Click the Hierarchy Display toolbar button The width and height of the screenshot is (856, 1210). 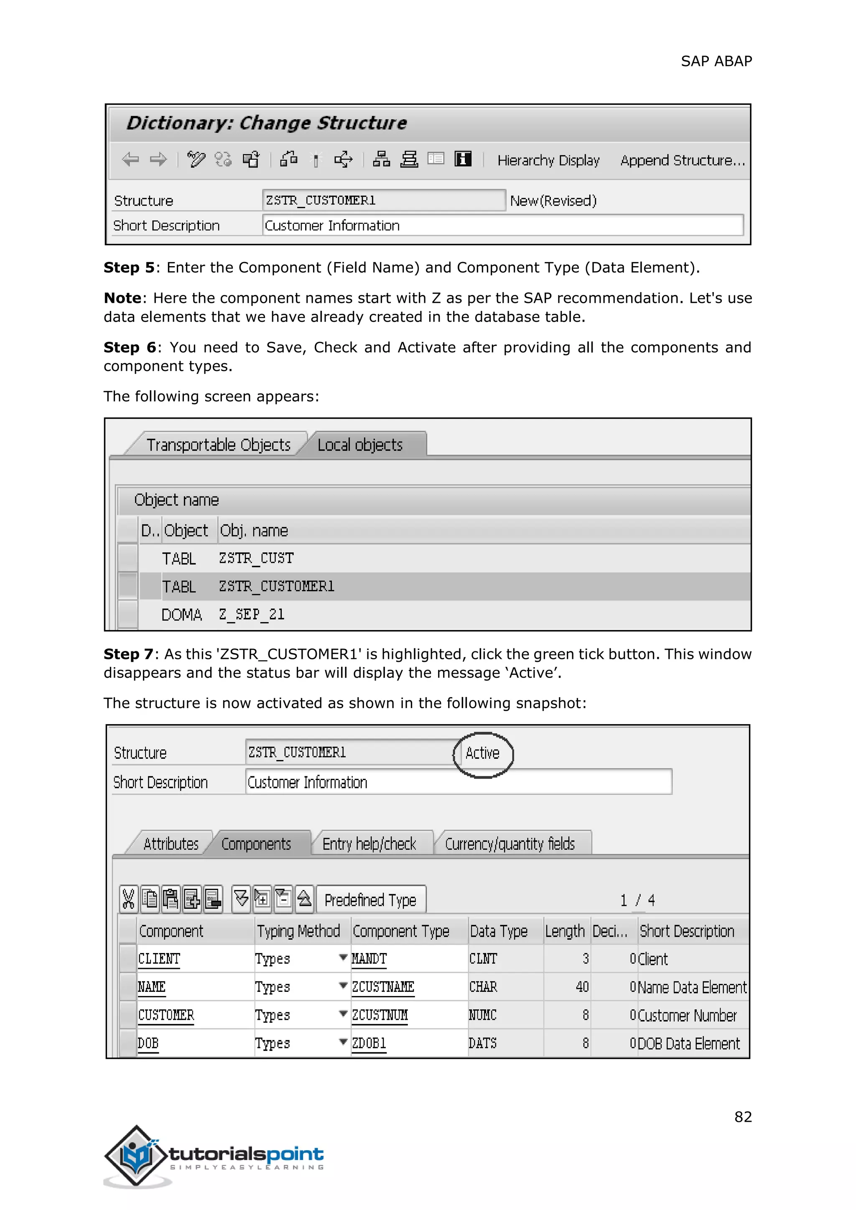click(548, 160)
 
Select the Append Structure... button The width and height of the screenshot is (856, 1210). click(682, 160)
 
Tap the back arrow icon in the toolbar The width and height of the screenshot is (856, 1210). click(130, 159)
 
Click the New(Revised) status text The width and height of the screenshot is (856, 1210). click(553, 201)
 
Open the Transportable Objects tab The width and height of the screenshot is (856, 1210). click(218, 445)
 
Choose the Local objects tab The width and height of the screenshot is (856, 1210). click(360, 445)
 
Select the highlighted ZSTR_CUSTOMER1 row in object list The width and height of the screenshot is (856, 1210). click(276, 587)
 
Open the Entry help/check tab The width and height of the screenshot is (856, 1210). click(369, 844)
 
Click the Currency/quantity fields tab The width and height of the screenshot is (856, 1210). click(509, 844)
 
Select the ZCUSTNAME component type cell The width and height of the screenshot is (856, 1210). click(383, 987)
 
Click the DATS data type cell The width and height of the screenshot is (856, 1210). click(483, 1043)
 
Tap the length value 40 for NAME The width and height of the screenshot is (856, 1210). click(582, 987)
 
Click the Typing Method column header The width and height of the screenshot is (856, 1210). click(298, 931)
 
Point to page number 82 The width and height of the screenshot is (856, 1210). click(743, 1117)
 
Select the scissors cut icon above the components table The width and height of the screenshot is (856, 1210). click(128, 899)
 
